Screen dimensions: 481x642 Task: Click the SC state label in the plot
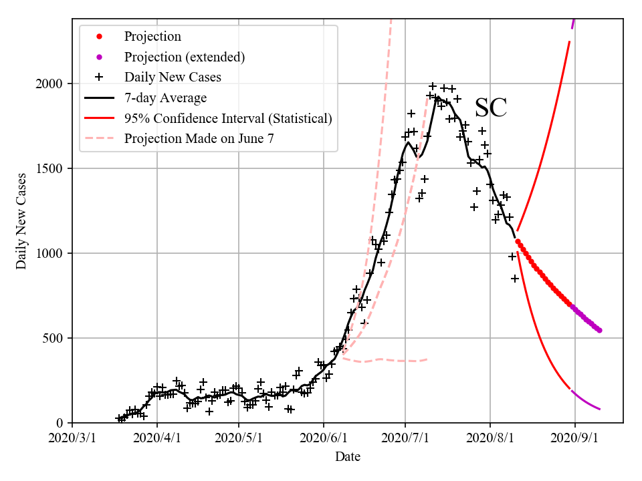[x=490, y=108]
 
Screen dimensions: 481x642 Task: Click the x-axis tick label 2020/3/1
[x=72, y=441]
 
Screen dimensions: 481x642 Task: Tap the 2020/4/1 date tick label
[x=157, y=441]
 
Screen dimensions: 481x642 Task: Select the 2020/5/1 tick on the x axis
[x=239, y=441]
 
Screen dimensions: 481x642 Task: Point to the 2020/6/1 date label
[x=324, y=441]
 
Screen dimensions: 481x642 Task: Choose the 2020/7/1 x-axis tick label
[x=405, y=441]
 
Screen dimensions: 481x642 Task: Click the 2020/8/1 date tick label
[x=490, y=441]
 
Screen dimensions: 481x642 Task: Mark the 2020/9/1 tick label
[x=575, y=441]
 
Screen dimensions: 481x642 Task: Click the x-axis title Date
[x=348, y=457]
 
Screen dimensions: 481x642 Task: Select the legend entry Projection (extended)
[x=184, y=57]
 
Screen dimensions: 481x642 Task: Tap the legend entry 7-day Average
[x=165, y=98]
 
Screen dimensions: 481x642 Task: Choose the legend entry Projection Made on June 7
[x=199, y=139]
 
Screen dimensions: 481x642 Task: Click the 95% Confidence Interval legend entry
[x=227, y=118]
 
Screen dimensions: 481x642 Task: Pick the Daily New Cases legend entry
[x=173, y=77]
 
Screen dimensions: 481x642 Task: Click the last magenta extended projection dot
[x=599, y=330]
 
